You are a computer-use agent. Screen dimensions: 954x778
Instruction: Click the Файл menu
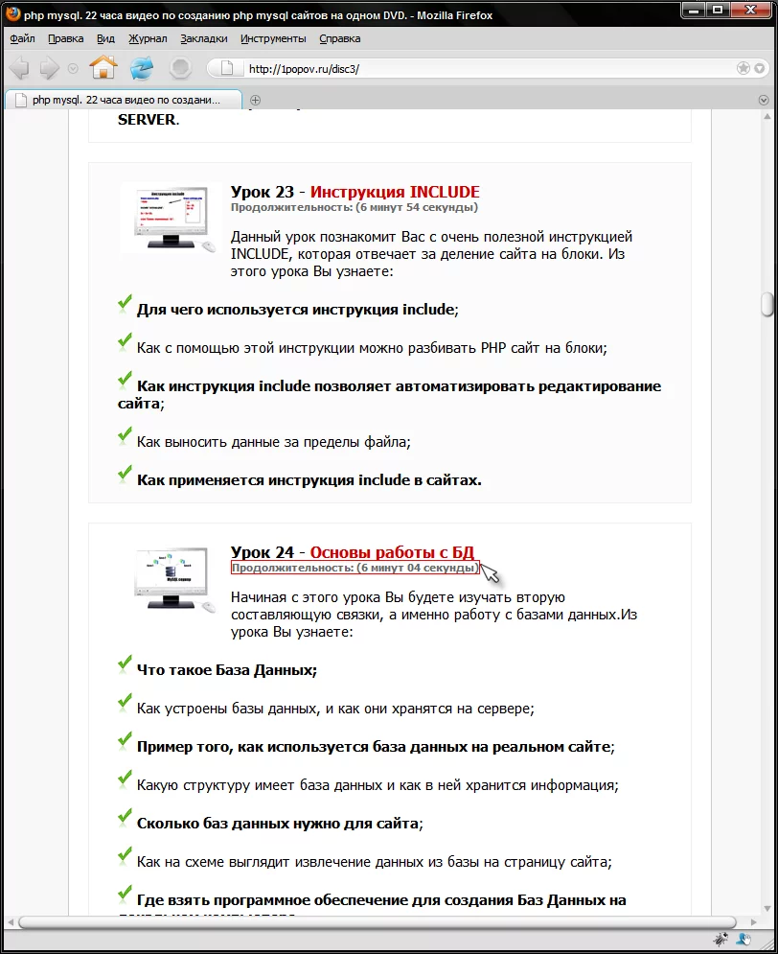coord(22,38)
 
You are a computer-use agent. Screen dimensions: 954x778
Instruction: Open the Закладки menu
coord(204,38)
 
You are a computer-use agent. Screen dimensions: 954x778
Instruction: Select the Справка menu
coord(339,38)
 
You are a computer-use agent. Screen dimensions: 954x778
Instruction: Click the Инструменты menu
coord(273,38)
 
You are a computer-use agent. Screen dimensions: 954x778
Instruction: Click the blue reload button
coord(142,68)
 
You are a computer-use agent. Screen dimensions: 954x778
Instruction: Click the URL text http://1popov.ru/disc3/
coord(304,69)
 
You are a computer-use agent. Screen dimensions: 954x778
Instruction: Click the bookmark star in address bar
coord(743,68)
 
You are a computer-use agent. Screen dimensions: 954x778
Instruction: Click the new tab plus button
coord(256,100)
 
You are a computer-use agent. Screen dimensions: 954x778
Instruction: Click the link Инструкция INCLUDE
coord(395,192)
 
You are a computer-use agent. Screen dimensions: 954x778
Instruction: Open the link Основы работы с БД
coord(392,552)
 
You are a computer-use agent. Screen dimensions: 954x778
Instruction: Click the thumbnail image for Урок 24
coord(170,578)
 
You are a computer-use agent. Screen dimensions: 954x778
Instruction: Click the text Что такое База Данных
coord(226,670)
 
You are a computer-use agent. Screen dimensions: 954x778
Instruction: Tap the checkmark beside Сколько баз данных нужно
coord(125,818)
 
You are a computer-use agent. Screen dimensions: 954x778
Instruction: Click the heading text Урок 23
coord(262,192)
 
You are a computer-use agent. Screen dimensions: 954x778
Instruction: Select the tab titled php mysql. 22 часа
coord(125,100)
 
